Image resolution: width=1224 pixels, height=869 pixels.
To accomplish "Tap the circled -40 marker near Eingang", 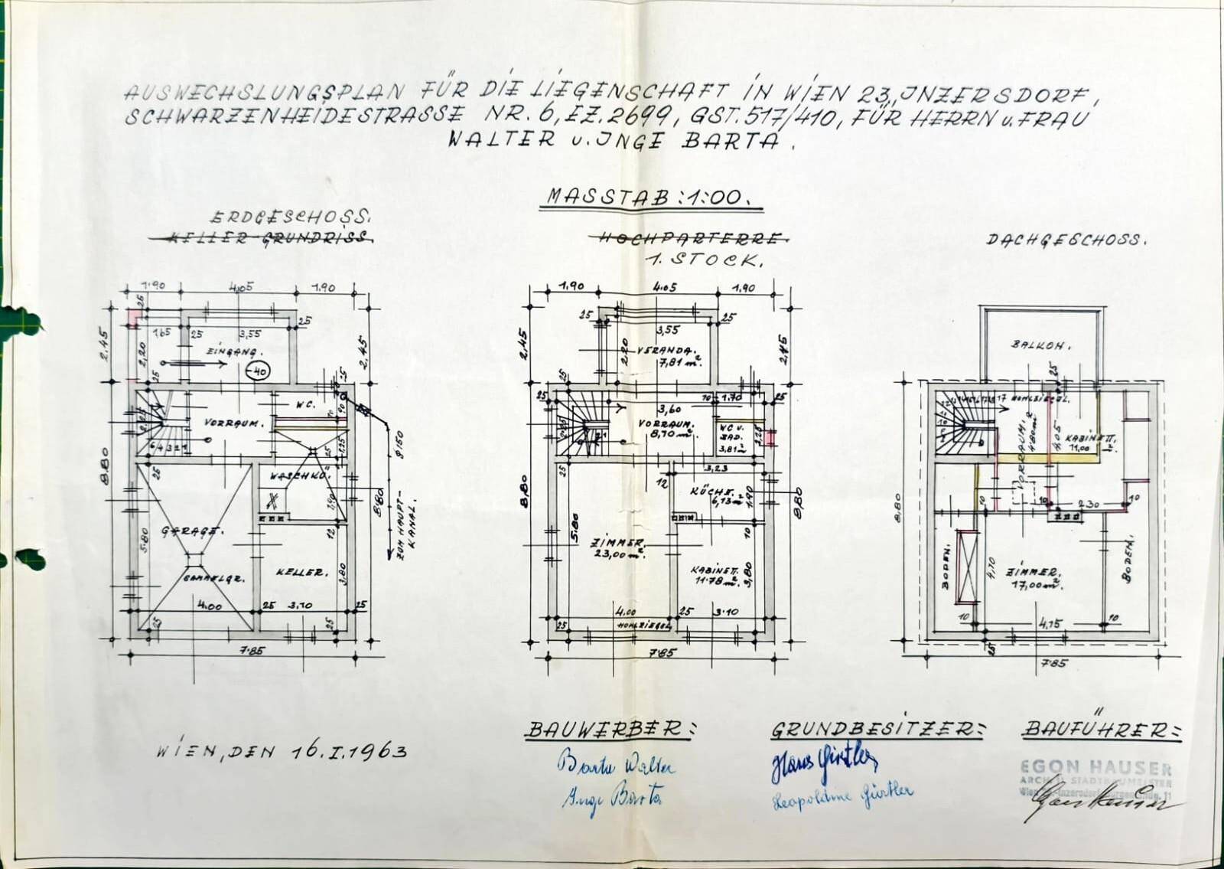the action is tap(259, 372).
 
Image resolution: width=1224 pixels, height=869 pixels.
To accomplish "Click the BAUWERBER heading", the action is tap(609, 730).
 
